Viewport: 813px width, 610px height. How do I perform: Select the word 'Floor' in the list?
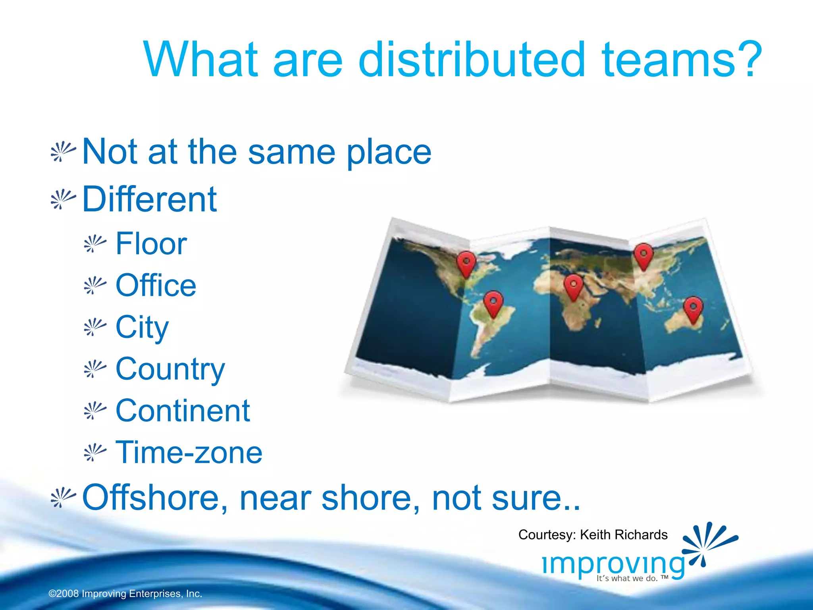(x=151, y=243)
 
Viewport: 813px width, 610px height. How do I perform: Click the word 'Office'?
(x=156, y=285)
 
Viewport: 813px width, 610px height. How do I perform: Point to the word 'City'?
(x=142, y=327)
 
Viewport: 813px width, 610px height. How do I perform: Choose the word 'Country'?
(x=170, y=369)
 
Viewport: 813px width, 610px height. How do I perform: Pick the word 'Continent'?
(x=183, y=411)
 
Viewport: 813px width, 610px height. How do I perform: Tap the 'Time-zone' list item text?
(x=189, y=452)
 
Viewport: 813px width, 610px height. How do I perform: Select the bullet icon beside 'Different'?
(x=63, y=199)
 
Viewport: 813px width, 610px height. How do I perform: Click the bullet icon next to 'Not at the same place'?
(x=63, y=152)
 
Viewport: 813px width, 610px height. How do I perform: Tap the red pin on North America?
(x=466, y=263)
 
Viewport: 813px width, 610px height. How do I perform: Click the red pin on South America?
(x=493, y=303)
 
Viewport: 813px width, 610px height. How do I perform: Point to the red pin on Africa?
(x=573, y=286)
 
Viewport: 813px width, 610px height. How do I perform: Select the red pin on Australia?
(x=693, y=309)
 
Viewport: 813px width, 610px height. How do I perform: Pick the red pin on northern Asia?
(x=643, y=256)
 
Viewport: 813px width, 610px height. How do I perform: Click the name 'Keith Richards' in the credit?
(x=623, y=535)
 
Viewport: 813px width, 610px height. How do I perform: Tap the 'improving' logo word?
(x=613, y=564)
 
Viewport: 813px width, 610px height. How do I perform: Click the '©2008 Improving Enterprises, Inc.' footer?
(x=125, y=594)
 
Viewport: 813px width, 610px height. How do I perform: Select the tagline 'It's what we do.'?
(x=627, y=579)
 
